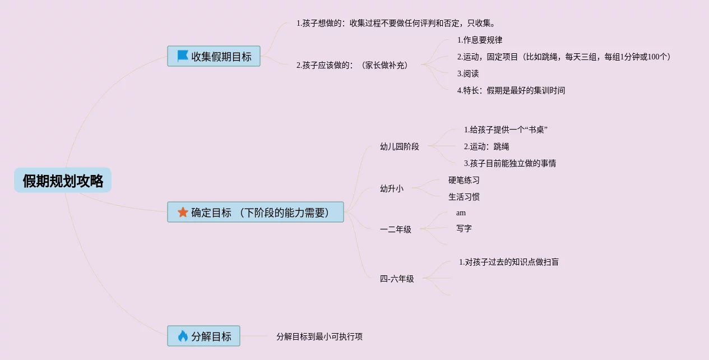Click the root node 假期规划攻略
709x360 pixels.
point(63,181)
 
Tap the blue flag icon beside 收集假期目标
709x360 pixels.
point(183,56)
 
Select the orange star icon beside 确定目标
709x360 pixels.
point(183,213)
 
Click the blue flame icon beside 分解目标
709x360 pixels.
point(183,336)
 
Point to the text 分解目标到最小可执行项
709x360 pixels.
point(319,337)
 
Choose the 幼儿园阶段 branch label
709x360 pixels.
point(399,147)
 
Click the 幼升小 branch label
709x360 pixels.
point(391,189)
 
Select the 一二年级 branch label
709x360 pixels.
point(395,229)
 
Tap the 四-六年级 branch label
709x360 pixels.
point(397,279)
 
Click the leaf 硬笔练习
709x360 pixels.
point(464,181)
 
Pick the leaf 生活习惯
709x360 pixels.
point(464,197)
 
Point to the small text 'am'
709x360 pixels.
point(461,213)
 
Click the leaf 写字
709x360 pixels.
point(464,229)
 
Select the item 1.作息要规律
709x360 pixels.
point(480,40)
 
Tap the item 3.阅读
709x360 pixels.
point(468,74)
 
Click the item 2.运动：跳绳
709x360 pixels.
point(486,147)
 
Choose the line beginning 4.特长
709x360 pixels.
point(511,91)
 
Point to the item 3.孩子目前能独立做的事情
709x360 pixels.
point(510,164)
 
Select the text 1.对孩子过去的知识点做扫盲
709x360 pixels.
point(509,262)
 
